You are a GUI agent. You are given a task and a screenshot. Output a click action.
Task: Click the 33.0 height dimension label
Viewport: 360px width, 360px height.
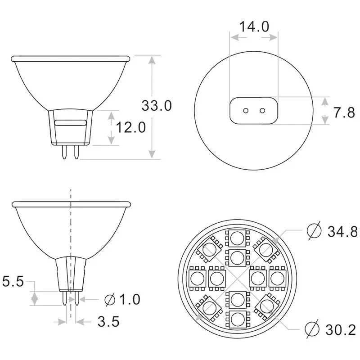(x=157, y=106)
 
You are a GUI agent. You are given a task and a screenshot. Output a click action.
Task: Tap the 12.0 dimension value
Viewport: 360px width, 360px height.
(x=131, y=128)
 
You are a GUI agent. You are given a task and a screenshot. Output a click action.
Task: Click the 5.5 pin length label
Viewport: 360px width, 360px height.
(x=13, y=282)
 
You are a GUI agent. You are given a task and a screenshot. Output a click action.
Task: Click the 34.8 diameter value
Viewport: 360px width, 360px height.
(x=342, y=231)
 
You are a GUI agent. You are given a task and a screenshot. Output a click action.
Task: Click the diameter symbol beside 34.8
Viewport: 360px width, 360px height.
(x=314, y=231)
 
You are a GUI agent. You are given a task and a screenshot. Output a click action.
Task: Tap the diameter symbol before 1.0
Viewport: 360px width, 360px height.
(x=109, y=299)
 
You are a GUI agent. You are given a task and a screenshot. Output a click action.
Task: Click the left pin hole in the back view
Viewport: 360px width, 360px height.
(x=246, y=111)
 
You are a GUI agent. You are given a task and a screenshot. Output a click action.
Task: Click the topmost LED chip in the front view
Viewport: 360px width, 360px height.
(x=237, y=237)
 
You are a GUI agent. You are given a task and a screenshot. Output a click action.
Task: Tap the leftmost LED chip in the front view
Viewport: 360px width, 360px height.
(x=197, y=278)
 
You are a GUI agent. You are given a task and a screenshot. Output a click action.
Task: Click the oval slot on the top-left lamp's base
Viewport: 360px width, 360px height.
(x=71, y=122)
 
